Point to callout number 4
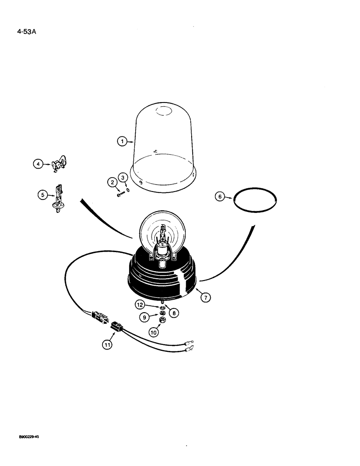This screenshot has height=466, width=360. pyautogui.click(x=37, y=163)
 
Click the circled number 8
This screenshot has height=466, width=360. pyautogui.click(x=173, y=313)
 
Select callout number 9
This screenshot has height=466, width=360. pyautogui.click(x=145, y=317)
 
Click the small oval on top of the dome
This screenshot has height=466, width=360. pyautogui.click(x=164, y=111)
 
